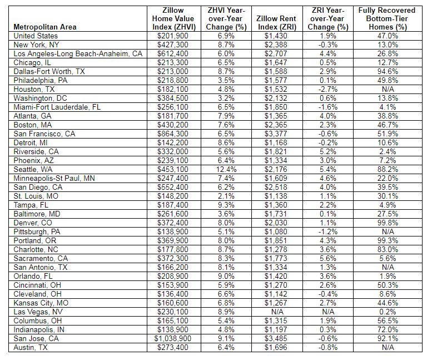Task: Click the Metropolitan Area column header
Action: pyautogui.click(x=44, y=27)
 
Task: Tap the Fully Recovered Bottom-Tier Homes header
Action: pyautogui.click(x=388, y=18)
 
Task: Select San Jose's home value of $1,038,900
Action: pyautogui.click(x=172, y=338)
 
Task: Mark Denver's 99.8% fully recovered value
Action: pyautogui.click(x=388, y=223)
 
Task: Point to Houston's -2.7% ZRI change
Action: pyautogui.click(x=328, y=89)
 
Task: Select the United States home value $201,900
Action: pyautogui.click(x=172, y=36)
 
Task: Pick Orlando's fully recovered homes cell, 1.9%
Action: pyautogui.click(x=388, y=276)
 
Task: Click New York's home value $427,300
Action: pyautogui.click(x=172, y=45)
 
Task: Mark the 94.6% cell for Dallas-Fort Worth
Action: pyautogui.click(x=388, y=71)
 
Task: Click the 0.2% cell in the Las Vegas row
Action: pyautogui.click(x=388, y=312)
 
